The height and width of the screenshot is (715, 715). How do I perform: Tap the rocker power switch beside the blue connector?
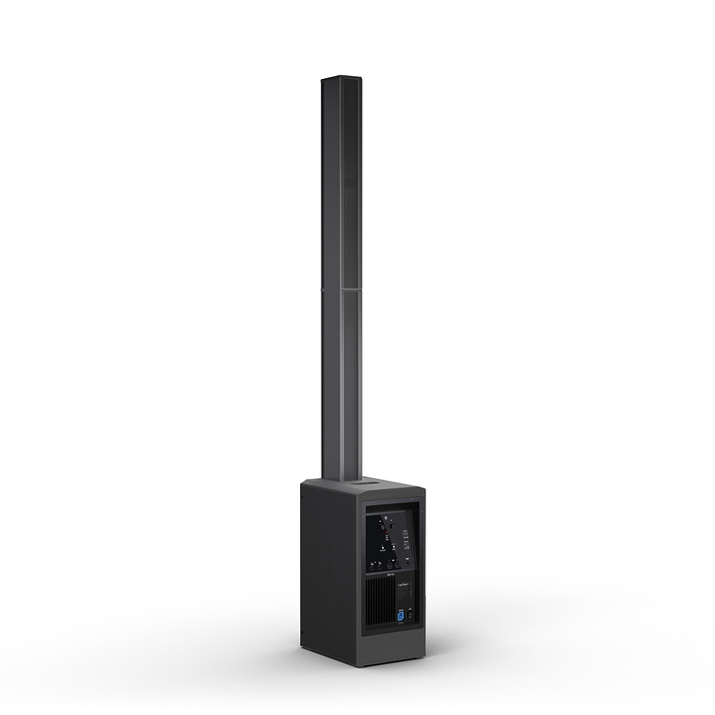(x=410, y=615)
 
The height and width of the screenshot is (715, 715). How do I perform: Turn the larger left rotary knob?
(x=382, y=528)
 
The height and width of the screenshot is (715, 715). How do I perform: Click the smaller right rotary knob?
(x=392, y=526)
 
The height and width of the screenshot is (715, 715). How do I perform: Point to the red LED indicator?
(x=387, y=532)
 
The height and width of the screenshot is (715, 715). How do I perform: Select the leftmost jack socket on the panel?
(x=372, y=567)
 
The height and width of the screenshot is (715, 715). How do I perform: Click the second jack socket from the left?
(x=380, y=567)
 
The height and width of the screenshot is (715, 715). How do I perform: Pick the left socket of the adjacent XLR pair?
(x=389, y=565)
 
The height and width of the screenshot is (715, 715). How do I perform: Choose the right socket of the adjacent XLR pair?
(x=397, y=565)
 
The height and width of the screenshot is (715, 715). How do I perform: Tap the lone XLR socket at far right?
(x=407, y=564)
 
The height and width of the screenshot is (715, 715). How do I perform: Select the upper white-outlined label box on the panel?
(x=405, y=534)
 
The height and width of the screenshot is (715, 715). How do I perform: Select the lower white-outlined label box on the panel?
(x=406, y=547)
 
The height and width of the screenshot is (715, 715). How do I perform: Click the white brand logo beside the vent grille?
(x=403, y=584)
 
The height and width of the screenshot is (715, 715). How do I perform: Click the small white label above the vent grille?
(x=389, y=574)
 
